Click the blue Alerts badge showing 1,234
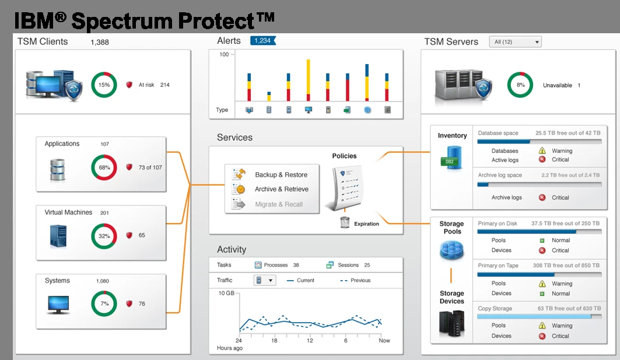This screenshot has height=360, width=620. click(262, 41)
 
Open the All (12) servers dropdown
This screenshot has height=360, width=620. click(515, 42)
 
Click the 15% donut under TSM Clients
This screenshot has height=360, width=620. click(104, 85)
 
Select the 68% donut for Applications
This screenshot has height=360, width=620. click(104, 167)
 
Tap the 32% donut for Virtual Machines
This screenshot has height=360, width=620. click(104, 236)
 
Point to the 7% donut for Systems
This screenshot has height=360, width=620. click(104, 303)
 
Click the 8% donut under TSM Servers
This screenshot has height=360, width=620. click(520, 85)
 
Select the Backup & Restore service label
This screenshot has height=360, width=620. click(281, 175)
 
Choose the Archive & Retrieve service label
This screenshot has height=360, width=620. click(281, 189)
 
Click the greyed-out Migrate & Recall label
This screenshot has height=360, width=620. click(278, 204)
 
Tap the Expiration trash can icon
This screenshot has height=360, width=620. click(345, 222)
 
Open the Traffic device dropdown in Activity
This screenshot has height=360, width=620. click(264, 280)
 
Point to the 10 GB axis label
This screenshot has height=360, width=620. click(226, 293)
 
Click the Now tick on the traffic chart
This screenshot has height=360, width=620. click(384, 340)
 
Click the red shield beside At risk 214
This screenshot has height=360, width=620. click(129, 85)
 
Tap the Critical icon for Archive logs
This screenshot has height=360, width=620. click(542, 198)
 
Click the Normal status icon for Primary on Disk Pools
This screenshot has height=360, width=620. click(542, 240)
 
